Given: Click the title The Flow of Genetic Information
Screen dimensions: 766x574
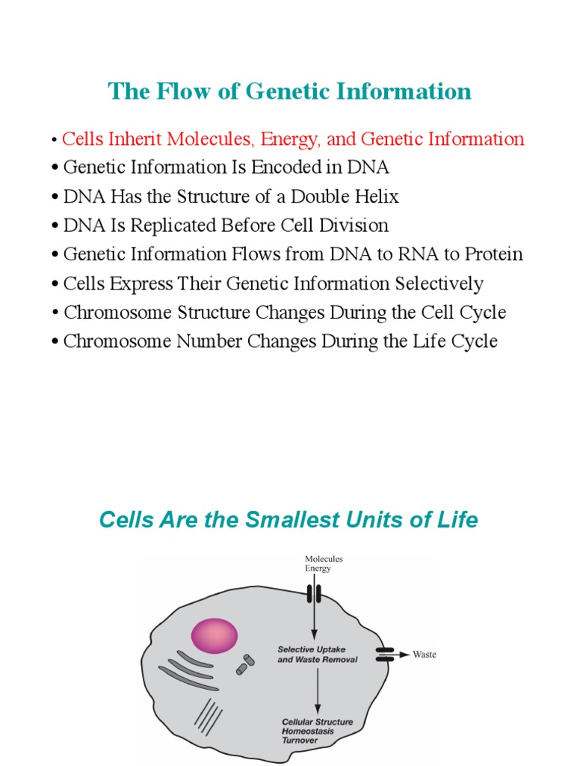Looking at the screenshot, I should pyautogui.click(x=290, y=91).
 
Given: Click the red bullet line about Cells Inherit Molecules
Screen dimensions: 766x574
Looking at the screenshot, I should pyautogui.click(x=293, y=139).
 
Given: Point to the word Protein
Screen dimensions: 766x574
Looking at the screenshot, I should pyautogui.click(x=493, y=254).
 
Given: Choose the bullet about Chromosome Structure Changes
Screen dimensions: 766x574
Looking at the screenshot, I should pyautogui.click(x=285, y=312).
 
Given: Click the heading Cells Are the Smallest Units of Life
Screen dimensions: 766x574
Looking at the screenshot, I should pyautogui.click(x=288, y=520).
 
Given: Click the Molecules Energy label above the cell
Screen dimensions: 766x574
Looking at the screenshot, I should pyautogui.click(x=323, y=563).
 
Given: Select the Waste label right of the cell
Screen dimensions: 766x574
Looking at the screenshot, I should pyautogui.click(x=425, y=655).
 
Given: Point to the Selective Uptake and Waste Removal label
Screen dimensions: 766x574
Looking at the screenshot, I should pyautogui.click(x=317, y=655).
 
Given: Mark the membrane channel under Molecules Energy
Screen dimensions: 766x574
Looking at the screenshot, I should pyautogui.click(x=314, y=595).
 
